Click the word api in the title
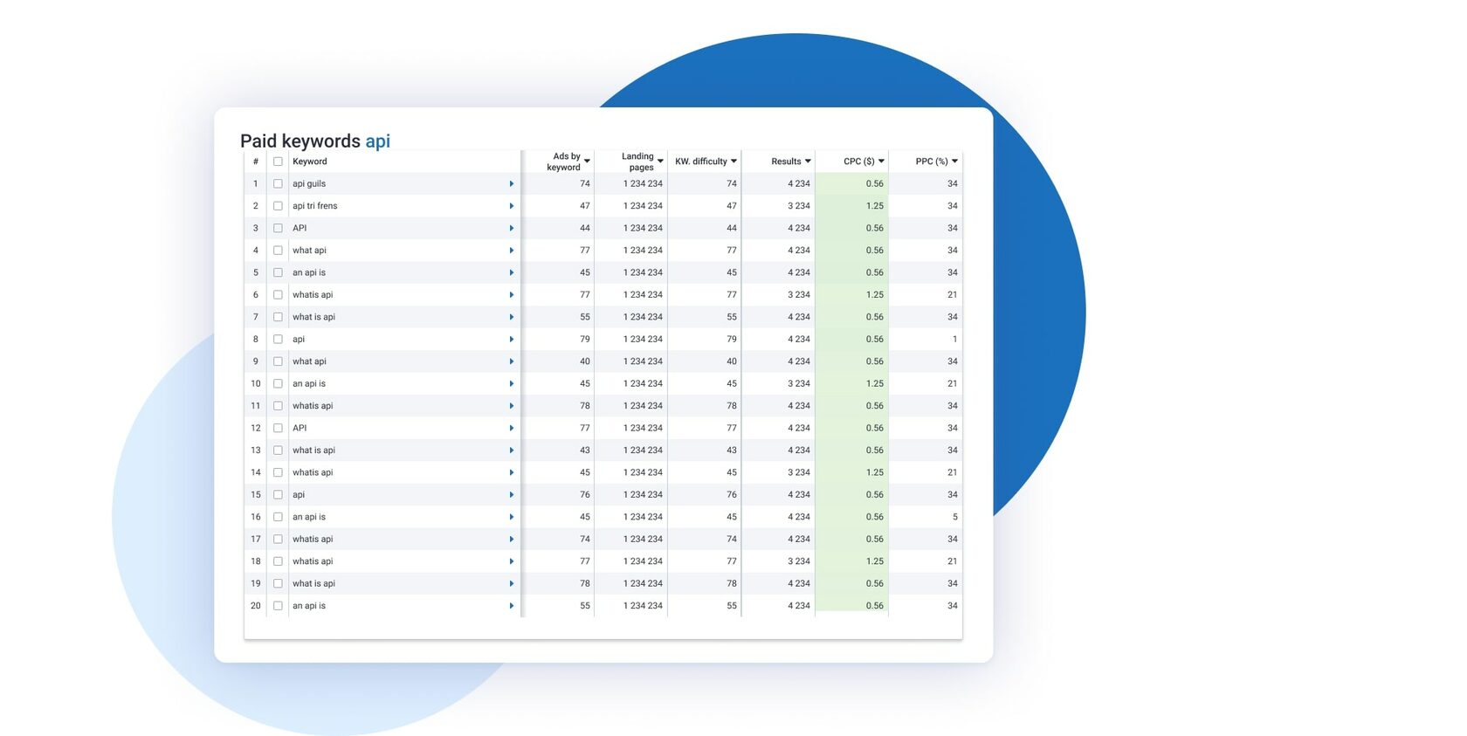pyautogui.click(x=377, y=141)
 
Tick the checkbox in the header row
pyautogui.click(x=278, y=162)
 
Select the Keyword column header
pyautogui.click(x=310, y=162)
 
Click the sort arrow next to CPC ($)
pyautogui.click(x=881, y=162)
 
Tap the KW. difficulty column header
pyautogui.click(x=701, y=162)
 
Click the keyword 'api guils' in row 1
pyautogui.click(x=309, y=184)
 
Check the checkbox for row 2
pyautogui.click(x=278, y=206)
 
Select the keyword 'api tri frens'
pyautogui.click(x=314, y=206)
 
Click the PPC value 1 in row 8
pyautogui.click(x=954, y=340)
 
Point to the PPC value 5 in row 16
pyautogui.click(x=954, y=517)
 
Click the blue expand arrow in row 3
pyautogui.click(x=512, y=229)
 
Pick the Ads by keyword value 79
pyautogui.click(x=584, y=340)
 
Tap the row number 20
pyautogui.click(x=256, y=606)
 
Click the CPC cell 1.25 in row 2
pyautogui.click(x=874, y=206)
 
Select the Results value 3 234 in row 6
pyautogui.click(x=798, y=295)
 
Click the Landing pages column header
pyautogui.click(x=638, y=162)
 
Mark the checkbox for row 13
pyautogui.click(x=278, y=451)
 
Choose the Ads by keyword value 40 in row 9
pyautogui.click(x=584, y=361)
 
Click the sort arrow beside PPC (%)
pyautogui.click(x=954, y=162)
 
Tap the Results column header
pyautogui.click(x=786, y=162)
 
